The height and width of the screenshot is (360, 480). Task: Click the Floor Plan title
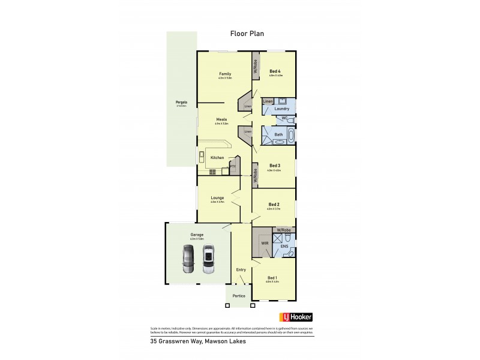247,34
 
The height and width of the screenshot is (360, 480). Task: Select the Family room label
224,74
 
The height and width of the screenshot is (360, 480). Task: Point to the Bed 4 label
275,71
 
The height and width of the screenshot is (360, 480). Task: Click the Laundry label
282,109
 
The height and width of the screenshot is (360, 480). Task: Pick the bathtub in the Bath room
292,136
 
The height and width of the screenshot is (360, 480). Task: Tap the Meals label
221,119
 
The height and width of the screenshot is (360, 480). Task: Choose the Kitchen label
217,158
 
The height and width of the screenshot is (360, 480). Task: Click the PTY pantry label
233,166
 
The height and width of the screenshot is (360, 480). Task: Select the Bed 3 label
275,166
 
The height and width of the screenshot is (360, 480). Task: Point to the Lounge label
217,197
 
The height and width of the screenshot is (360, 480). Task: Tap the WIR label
265,243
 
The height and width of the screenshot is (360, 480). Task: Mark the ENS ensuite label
284,246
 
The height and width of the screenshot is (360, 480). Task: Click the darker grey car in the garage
188,259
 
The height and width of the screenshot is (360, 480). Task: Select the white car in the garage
208,259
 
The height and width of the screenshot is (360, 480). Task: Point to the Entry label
241,269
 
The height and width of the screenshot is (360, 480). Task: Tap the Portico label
239,296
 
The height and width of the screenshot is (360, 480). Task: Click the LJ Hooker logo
296,317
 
